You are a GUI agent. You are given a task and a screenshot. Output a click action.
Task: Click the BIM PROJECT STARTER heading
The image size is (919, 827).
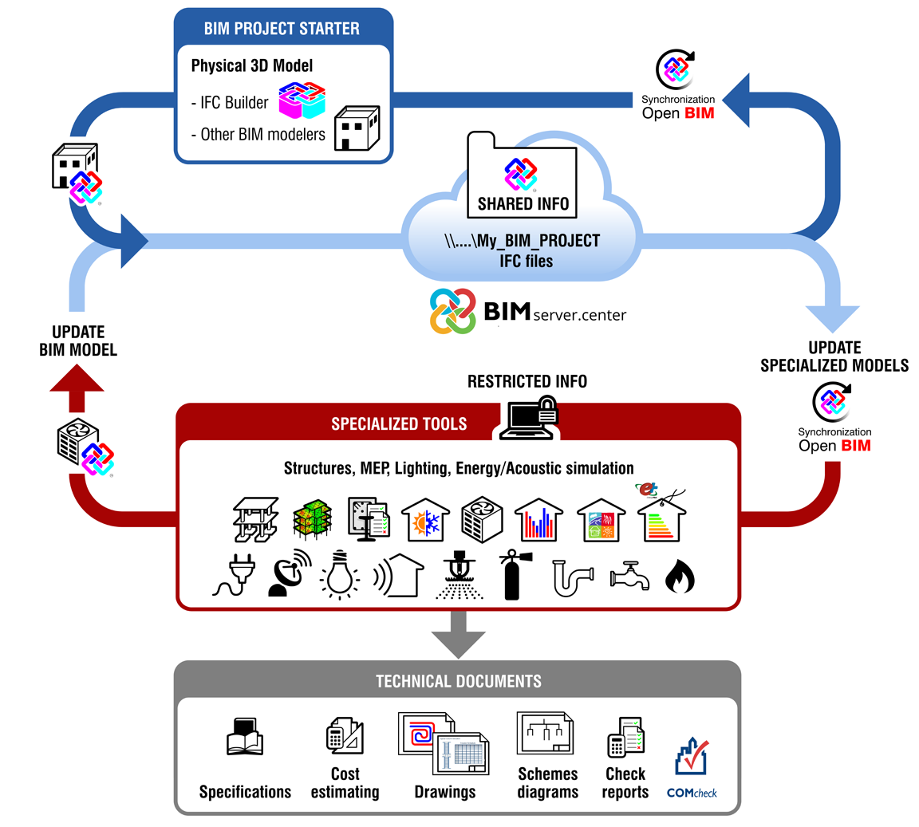(282, 29)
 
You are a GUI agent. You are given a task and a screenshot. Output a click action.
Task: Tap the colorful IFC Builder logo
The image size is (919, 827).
(302, 101)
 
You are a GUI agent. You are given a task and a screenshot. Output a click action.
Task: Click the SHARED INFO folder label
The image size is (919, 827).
(523, 203)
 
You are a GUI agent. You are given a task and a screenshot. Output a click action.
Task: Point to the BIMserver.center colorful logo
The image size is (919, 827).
(453, 311)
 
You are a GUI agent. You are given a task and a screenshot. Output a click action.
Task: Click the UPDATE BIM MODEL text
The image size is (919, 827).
(78, 341)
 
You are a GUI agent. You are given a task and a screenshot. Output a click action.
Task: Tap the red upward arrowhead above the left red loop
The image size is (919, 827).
(77, 380)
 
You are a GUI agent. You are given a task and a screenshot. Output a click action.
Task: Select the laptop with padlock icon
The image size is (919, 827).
(528, 419)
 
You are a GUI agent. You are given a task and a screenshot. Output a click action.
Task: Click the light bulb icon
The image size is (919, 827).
(339, 574)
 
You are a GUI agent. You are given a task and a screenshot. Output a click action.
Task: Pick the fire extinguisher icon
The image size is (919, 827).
(510, 574)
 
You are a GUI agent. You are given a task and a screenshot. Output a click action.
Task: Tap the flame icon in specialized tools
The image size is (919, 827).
(680, 577)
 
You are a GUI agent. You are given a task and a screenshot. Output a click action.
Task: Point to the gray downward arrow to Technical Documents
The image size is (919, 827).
(458, 634)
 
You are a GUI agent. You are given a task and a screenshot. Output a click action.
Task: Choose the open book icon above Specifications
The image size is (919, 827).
(245, 737)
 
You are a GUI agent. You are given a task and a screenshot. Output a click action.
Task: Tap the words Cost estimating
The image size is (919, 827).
(345, 782)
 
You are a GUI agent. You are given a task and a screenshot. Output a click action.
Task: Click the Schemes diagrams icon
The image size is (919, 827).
(547, 734)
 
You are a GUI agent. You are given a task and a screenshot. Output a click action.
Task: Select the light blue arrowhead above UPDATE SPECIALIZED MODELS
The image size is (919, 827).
(833, 318)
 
